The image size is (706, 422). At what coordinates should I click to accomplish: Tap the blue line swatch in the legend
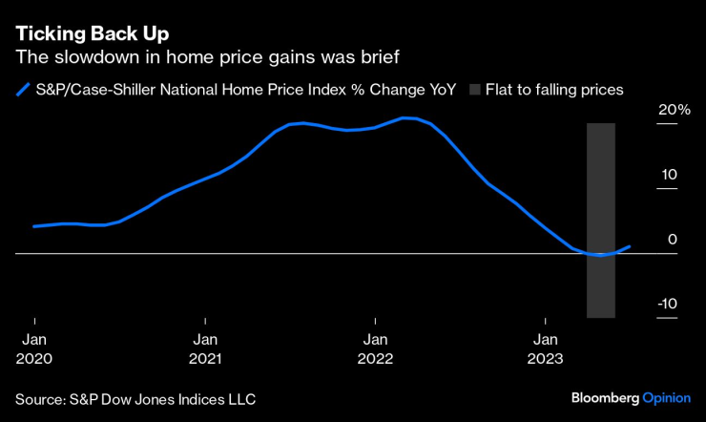pyautogui.click(x=23, y=90)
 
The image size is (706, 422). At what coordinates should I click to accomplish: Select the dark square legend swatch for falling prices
pyautogui.click(x=479, y=90)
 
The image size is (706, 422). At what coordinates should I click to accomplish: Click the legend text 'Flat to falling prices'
pyautogui.click(x=557, y=90)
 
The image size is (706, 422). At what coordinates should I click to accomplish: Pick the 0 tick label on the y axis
pyautogui.click(x=672, y=240)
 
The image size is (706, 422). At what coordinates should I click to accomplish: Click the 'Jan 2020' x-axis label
pyautogui.click(x=34, y=349)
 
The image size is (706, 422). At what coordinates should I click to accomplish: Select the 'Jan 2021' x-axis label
pyautogui.click(x=205, y=349)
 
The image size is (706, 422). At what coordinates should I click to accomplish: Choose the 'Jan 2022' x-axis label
pyautogui.click(x=375, y=349)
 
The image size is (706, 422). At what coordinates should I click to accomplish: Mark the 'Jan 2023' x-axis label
pyautogui.click(x=546, y=349)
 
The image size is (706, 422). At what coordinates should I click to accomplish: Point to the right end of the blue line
pyautogui.click(x=630, y=246)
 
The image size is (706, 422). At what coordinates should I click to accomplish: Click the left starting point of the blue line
pyautogui.click(x=34, y=226)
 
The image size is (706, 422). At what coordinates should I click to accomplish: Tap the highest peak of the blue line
pyautogui.click(x=406, y=118)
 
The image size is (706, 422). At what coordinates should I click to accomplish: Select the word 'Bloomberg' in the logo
pyautogui.click(x=606, y=397)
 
